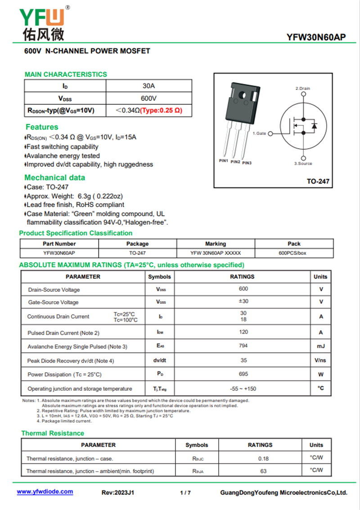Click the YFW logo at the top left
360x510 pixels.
[x=43, y=23]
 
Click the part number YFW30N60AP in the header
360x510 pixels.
[x=316, y=38]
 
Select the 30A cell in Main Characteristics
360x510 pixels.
[x=148, y=86]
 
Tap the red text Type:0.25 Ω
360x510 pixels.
[x=161, y=110]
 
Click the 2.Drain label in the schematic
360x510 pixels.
[x=303, y=89]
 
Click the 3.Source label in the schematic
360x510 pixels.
[x=303, y=164]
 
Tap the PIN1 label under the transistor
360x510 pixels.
[x=224, y=161]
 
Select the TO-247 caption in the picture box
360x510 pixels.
[x=318, y=182]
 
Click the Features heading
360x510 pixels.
[x=42, y=127]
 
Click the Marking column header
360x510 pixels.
[x=216, y=244]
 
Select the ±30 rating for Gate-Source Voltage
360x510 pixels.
[x=243, y=301]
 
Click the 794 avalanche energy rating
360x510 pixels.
[x=243, y=346]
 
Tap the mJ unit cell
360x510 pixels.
[x=320, y=346]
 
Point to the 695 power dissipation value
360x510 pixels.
[x=243, y=374]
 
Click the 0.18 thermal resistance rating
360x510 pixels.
[x=263, y=458]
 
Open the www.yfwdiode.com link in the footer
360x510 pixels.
[x=45, y=492]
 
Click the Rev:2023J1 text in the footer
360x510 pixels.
[x=118, y=493]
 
